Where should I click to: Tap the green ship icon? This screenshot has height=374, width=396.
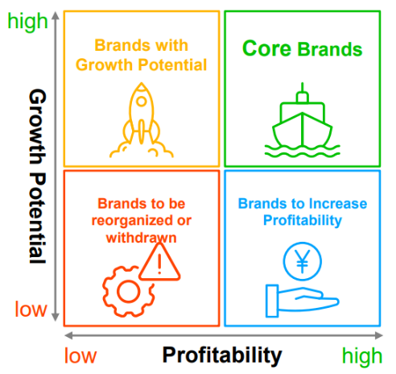[303, 129]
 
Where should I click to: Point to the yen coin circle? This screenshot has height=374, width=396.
[303, 246]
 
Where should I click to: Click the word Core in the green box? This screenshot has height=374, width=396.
[266, 48]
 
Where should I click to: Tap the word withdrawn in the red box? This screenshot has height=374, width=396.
[142, 238]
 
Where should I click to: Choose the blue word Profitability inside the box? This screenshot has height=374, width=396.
[303, 221]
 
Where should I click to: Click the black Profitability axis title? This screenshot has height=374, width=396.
[222, 355]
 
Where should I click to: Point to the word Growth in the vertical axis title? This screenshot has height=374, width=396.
[38, 127]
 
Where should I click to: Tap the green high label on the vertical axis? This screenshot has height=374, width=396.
[27, 22]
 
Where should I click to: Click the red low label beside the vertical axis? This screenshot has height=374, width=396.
[31, 309]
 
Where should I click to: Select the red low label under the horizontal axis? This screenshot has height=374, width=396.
[80, 355]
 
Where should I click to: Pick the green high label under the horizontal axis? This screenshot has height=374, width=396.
[362, 356]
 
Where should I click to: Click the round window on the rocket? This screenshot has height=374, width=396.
[142, 102]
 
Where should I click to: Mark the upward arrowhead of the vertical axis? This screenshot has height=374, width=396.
[56, 15]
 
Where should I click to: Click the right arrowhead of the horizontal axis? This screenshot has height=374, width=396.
[379, 335]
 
